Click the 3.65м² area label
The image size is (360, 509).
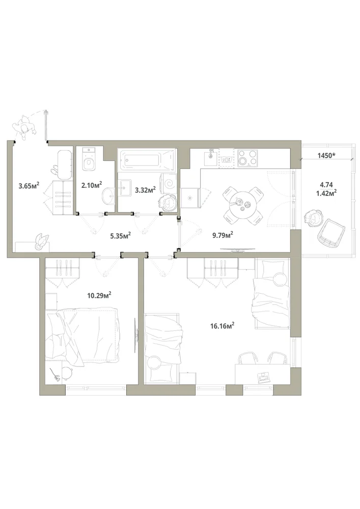[29, 186]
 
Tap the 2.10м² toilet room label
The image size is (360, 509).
[92, 185]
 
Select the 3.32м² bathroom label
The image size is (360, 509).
[146, 189]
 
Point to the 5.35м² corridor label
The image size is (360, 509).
[121, 235]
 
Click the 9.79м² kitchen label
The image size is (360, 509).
[223, 235]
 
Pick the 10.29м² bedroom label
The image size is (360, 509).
[99, 295]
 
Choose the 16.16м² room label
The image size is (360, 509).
[223, 326]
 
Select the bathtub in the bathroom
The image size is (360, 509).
[147, 160]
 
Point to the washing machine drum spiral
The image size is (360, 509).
[170, 184]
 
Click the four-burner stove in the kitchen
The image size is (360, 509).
[247, 158]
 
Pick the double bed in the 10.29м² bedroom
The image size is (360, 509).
[83, 336]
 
